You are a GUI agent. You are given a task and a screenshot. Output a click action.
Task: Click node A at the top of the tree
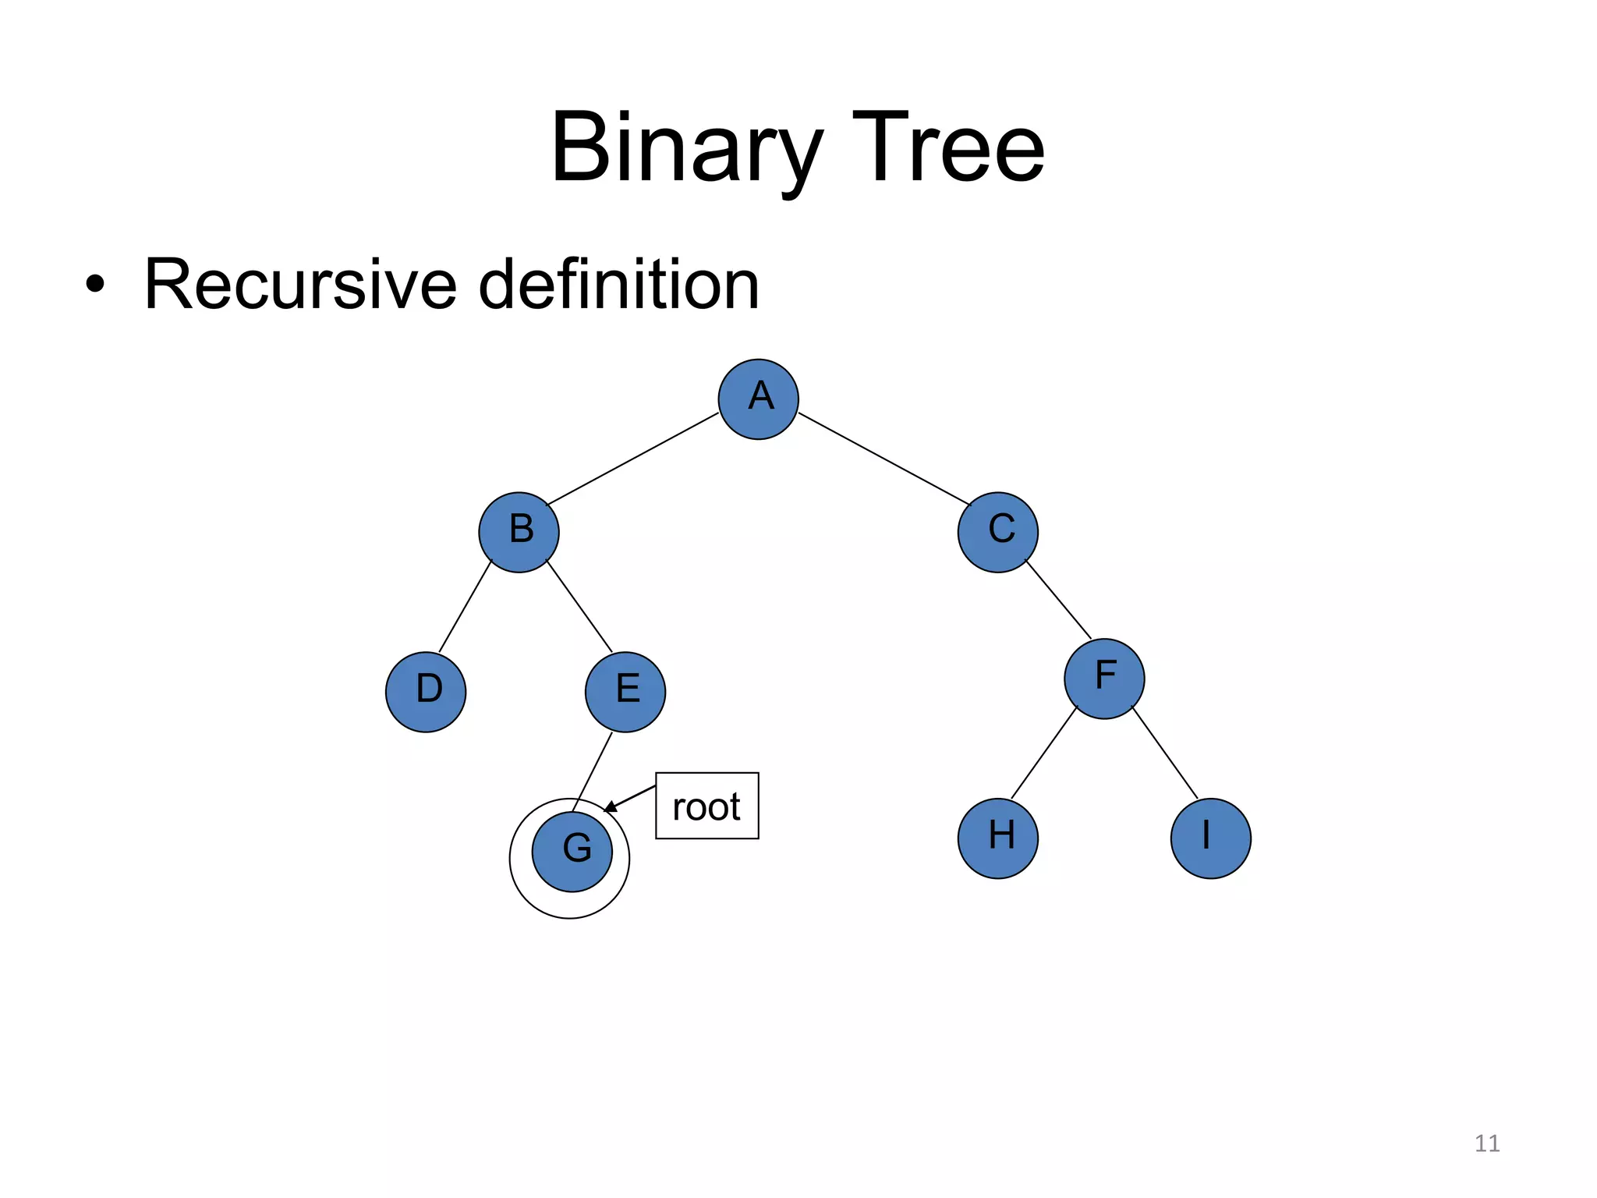click(x=758, y=399)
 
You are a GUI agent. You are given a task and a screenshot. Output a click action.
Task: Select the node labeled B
click(x=519, y=532)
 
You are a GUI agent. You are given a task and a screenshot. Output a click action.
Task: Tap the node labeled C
click(x=997, y=532)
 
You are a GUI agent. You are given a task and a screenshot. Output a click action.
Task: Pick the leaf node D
click(x=426, y=692)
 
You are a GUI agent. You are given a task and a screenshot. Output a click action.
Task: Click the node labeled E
click(x=625, y=692)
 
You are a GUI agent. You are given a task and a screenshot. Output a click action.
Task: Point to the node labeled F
click(x=1104, y=679)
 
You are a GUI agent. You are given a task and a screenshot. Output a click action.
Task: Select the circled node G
click(x=572, y=852)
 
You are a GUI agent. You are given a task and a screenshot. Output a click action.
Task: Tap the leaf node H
click(x=997, y=838)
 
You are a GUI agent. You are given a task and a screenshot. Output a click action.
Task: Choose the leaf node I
click(x=1210, y=838)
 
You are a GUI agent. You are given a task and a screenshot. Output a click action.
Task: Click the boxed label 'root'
click(x=706, y=806)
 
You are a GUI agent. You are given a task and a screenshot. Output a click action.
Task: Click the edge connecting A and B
click(x=632, y=459)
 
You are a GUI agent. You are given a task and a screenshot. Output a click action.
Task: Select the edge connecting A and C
click(x=883, y=459)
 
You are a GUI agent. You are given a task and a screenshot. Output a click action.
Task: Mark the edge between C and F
click(x=1058, y=600)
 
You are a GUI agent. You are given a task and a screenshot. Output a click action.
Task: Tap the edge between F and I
click(x=1164, y=752)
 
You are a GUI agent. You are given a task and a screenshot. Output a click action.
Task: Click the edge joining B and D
click(x=466, y=606)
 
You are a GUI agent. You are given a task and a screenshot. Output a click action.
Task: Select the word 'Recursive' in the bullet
click(x=300, y=285)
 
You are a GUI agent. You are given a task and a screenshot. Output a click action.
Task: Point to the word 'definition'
click(x=618, y=285)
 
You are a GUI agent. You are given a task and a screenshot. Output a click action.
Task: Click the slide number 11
click(x=1487, y=1143)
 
